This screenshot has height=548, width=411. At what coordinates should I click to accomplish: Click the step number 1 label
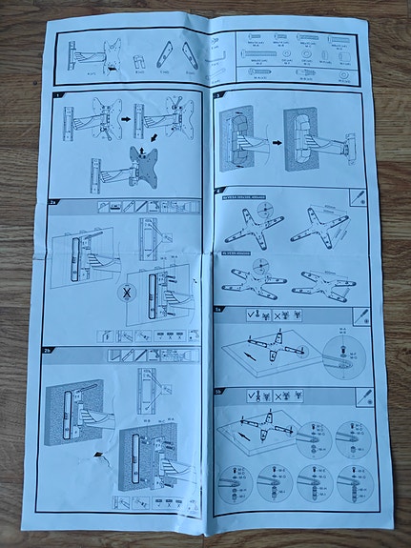pos(59,96)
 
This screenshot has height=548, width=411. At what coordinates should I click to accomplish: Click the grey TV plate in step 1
pos(140,168)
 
